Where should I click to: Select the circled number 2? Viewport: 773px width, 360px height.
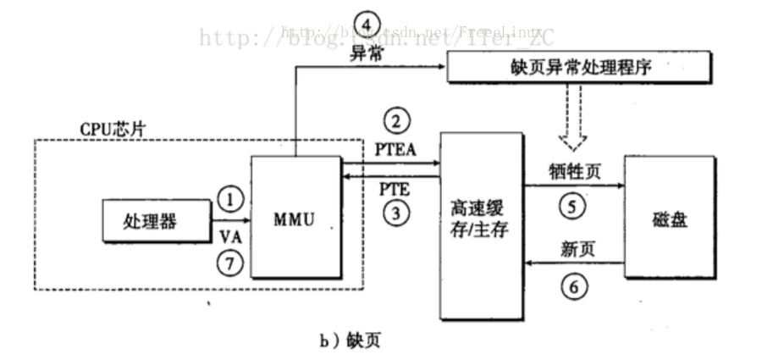[x=395, y=120]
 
